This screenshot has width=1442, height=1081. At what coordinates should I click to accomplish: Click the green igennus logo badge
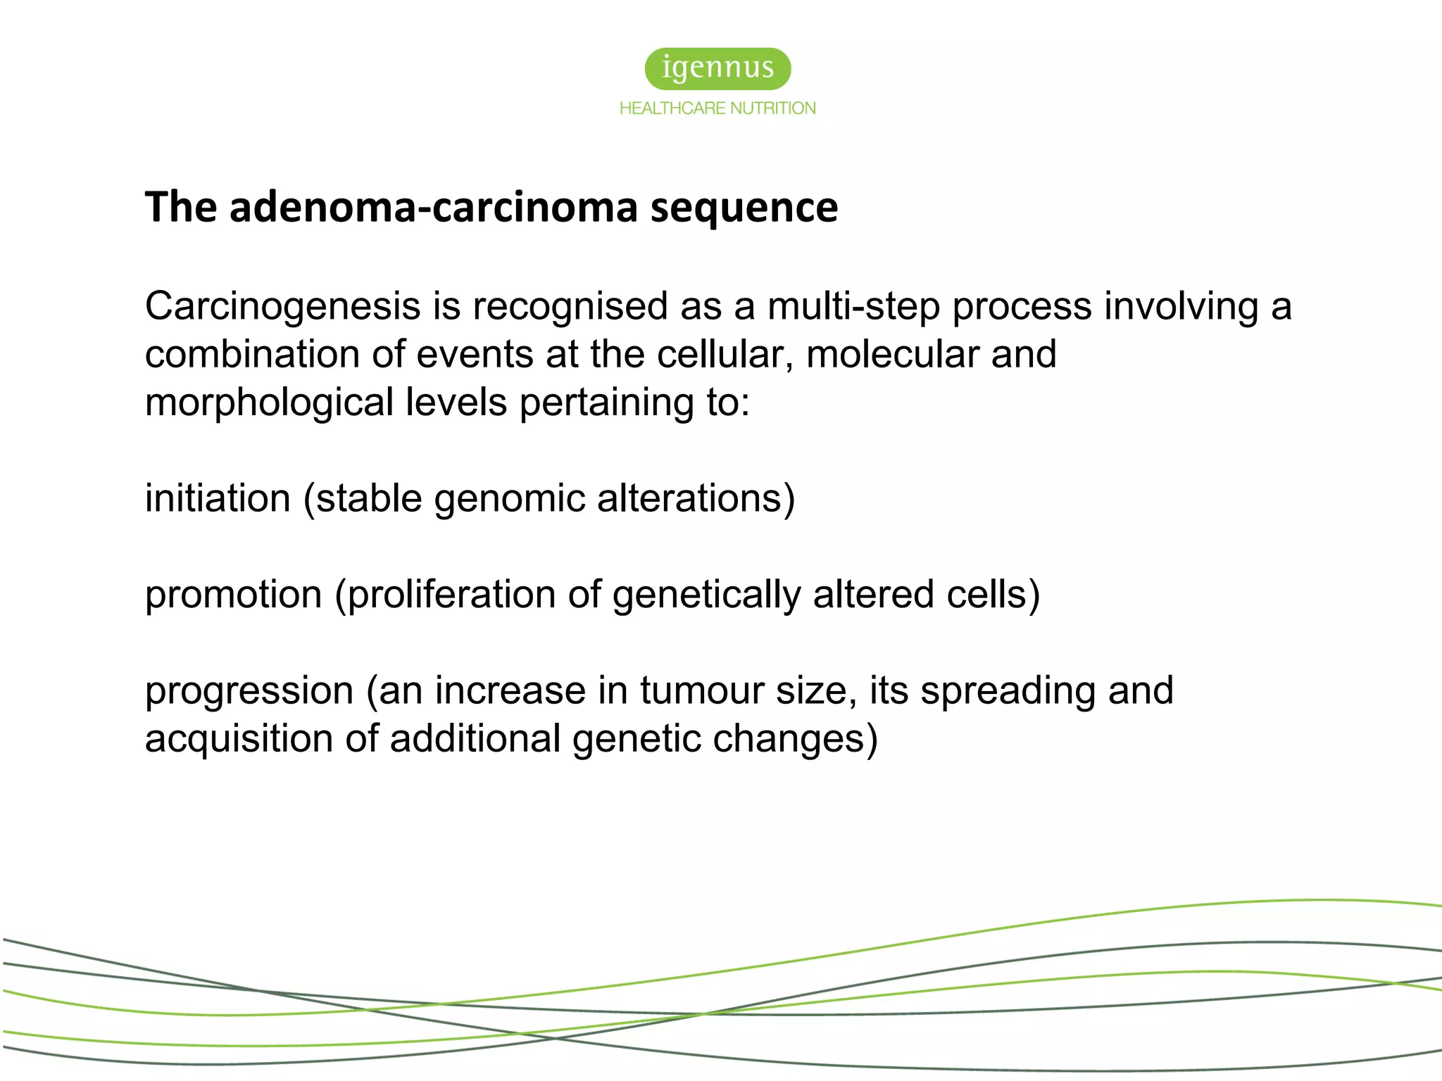(717, 68)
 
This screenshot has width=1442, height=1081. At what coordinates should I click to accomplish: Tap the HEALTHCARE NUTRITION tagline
(717, 108)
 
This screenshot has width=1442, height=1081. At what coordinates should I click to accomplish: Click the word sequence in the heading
(744, 208)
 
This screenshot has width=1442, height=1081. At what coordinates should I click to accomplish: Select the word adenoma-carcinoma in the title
(433, 208)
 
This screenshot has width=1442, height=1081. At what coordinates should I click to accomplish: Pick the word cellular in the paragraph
(720, 354)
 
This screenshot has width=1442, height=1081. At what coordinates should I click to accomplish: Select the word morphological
(269, 403)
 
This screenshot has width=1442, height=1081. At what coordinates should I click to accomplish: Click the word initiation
(218, 499)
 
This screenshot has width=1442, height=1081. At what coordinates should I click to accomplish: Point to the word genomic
(510, 499)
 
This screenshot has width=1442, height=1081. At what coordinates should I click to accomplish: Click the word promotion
(233, 595)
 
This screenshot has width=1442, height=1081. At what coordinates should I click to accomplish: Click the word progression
(249, 690)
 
